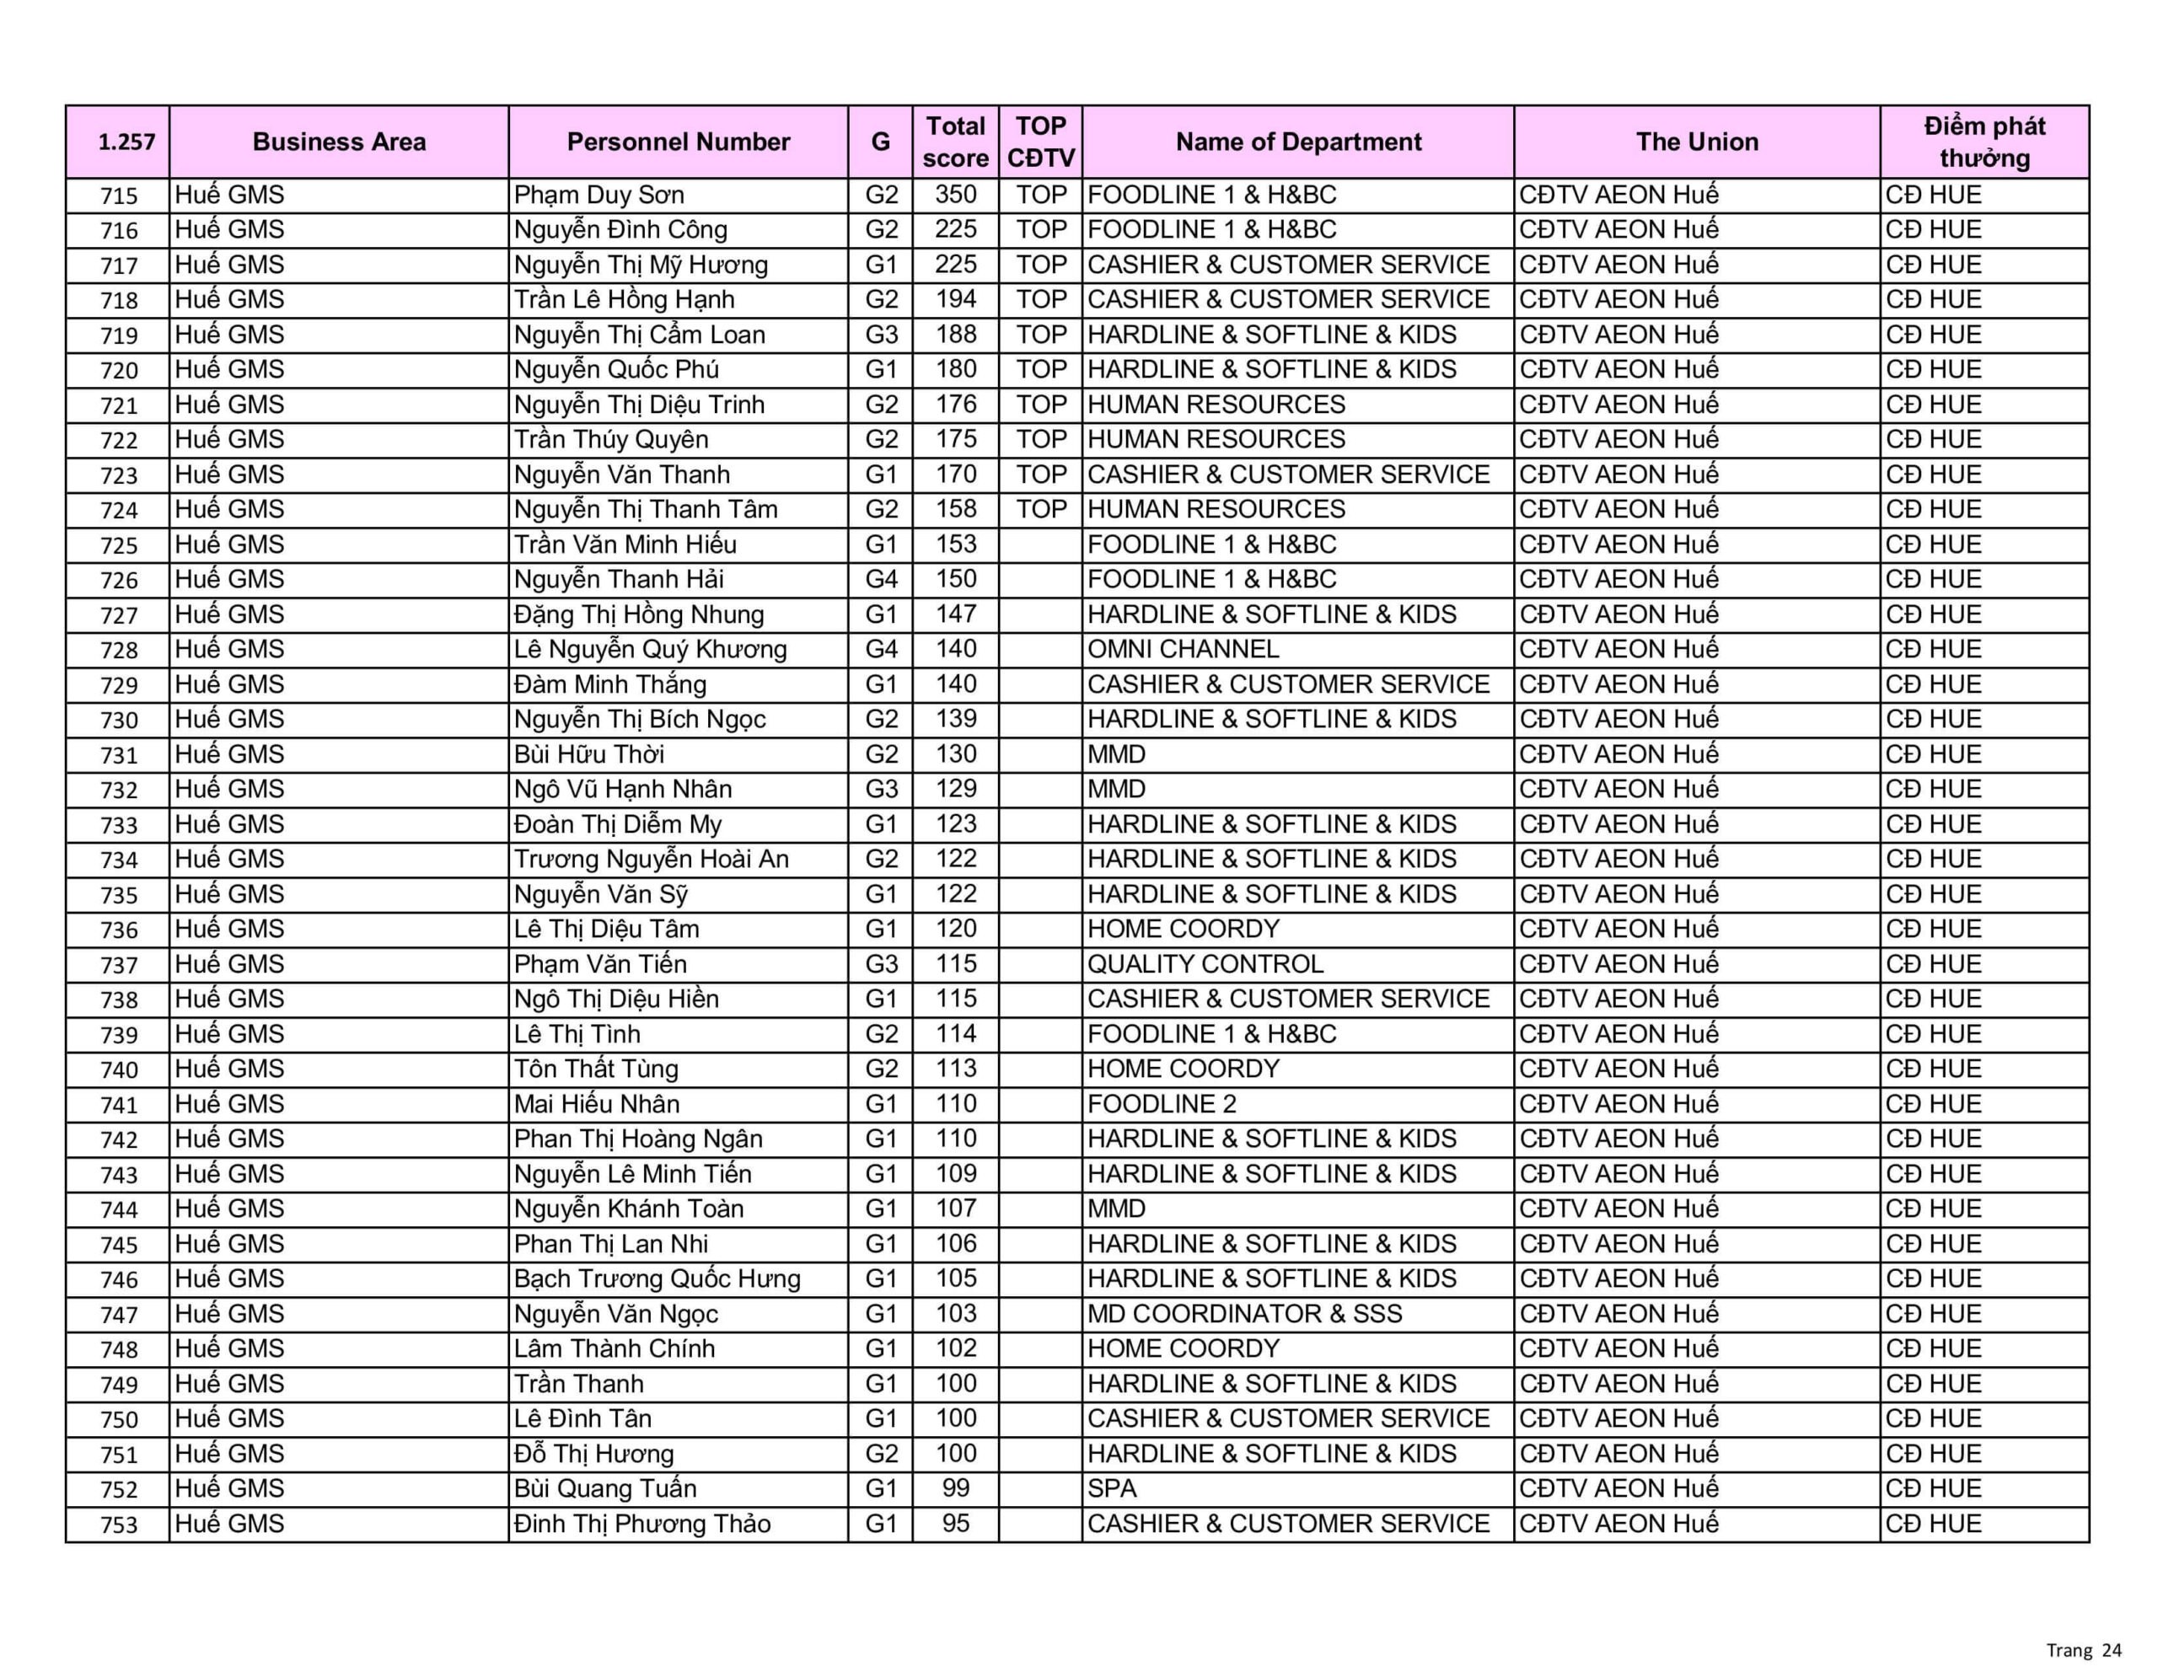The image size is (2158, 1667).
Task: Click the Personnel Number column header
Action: (678, 142)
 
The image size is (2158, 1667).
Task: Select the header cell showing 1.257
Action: (126, 142)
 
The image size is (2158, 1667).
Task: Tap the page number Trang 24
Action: (2083, 1650)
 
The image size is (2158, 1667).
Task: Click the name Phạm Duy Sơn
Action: (599, 195)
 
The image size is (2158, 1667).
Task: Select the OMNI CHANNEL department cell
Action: (1183, 649)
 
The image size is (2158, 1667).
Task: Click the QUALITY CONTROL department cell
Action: (1205, 963)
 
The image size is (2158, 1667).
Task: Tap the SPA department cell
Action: (1112, 1488)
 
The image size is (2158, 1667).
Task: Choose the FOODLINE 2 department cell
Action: (1162, 1104)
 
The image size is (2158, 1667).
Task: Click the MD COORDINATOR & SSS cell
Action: (1244, 1313)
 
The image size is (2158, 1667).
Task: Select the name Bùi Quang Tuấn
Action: (604, 1488)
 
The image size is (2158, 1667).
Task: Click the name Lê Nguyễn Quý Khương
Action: (650, 649)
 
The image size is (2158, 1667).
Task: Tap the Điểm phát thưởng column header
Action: (1984, 142)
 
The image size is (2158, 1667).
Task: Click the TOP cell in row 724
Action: (1041, 509)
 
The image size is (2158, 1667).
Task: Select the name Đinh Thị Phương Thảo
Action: (642, 1524)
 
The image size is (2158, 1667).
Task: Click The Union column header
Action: (1697, 142)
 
